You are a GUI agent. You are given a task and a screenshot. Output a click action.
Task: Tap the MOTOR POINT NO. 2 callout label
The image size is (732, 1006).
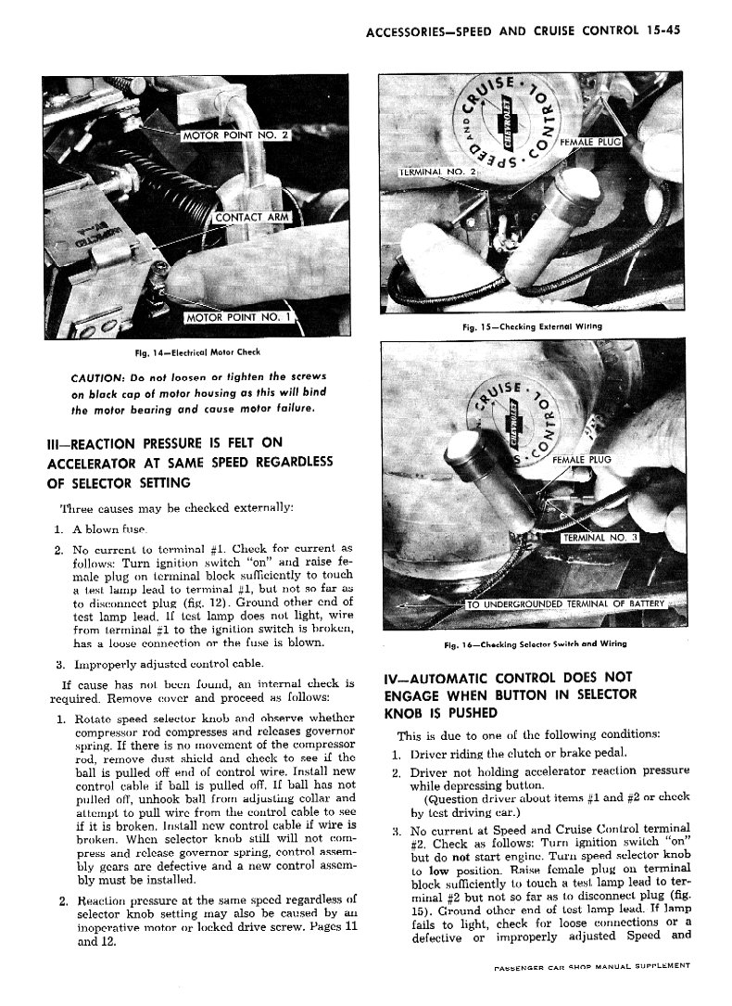coord(235,136)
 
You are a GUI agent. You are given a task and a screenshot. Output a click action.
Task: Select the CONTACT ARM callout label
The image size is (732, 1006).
coord(252,219)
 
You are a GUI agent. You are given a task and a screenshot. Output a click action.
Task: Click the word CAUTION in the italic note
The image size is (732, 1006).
coord(100,376)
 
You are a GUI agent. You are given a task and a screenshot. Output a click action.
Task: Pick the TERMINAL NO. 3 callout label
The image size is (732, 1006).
coord(599,538)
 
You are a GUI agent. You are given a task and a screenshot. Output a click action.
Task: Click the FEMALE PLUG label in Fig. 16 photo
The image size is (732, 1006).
coord(582,459)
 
